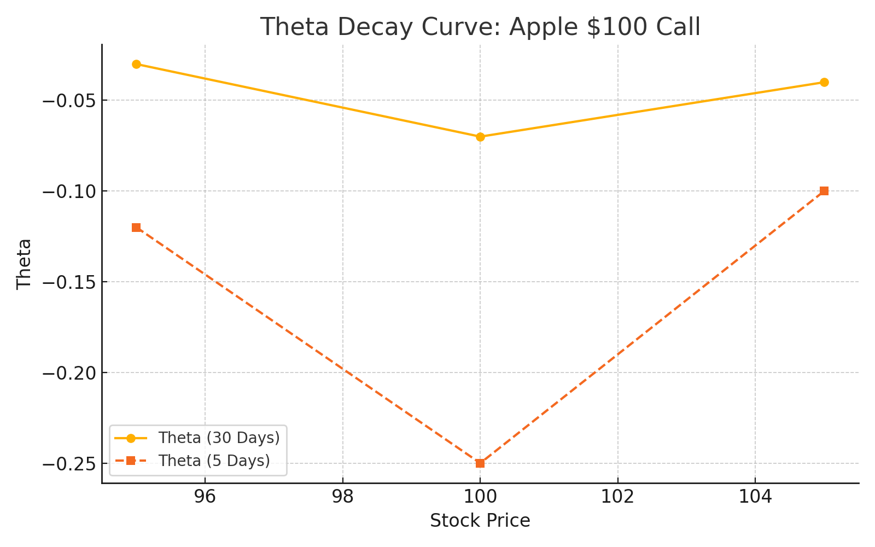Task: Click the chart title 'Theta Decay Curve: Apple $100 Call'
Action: click(x=480, y=27)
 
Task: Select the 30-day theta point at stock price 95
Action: click(x=136, y=64)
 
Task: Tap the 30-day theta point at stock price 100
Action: click(x=480, y=137)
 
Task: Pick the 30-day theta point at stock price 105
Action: click(x=824, y=82)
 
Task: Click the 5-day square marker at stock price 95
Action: click(x=136, y=228)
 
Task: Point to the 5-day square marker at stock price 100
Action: click(x=480, y=463)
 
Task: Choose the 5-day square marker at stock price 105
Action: click(x=824, y=191)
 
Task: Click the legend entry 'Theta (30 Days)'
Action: click(x=219, y=438)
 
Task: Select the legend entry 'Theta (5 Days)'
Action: click(x=214, y=461)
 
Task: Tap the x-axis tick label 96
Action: click(x=205, y=497)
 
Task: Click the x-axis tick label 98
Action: click(x=343, y=497)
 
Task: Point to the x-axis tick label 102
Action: click(x=618, y=497)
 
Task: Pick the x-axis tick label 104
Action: click(x=755, y=497)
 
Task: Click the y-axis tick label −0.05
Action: click(x=68, y=101)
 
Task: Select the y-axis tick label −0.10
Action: click(x=68, y=191)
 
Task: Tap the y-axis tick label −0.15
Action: click(x=68, y=282)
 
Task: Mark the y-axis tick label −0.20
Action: click(x=68, y=373)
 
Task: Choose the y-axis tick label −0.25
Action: click(x=68, y=464)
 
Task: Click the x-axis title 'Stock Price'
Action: click(x=480, y=521)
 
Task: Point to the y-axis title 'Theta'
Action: click(x=24, y=264)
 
